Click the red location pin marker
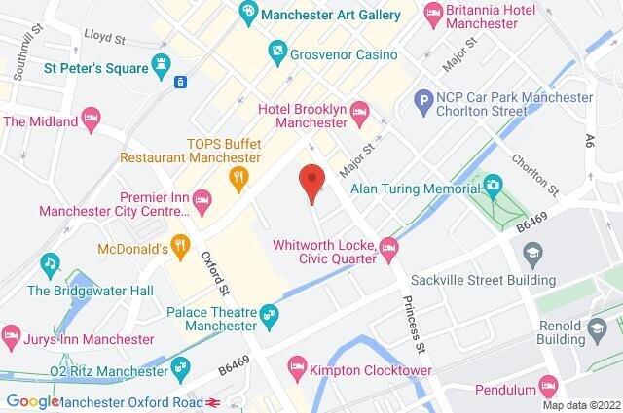pos(311,181)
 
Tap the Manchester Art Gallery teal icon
pos(248,15)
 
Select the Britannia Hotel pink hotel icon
pos(433,15)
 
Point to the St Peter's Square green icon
pos(161,67)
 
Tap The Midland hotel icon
pos(91,120)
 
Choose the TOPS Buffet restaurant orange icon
pos(235,176)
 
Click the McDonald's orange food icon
pos(179,247)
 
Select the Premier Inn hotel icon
pos(202,200)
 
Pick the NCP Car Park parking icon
pos(422,98)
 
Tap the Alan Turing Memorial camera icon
pos(493,184)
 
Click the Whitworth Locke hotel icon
pos(387,248)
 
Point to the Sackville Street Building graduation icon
pos(531,256)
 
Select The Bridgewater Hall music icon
pos(50,263)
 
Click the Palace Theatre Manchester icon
pos(270,313)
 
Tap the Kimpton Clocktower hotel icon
pos(297,368)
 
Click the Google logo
pos(32,401)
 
